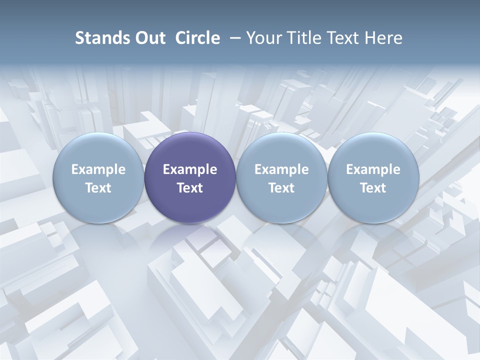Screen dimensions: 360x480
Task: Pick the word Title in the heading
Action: click(x=302, y=38)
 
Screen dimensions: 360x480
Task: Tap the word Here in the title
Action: click(x=383, y=38)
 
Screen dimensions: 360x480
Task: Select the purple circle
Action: click(x=190, y=150)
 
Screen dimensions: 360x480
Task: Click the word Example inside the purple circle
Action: click(x=190, y=169)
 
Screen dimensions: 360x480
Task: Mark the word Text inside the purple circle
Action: click(x=190, y=188)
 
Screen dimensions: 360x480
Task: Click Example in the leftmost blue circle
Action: click(x=98, y=169)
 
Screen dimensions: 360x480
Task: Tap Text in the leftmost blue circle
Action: click(x=98, y=188)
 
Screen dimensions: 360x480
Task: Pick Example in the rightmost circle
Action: click(x=373, y=169)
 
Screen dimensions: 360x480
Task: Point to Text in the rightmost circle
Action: click(x=373, y=188)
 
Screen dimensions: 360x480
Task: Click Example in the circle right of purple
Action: click(x=281, y=169)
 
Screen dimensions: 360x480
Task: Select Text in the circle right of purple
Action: click(x=281, y=188)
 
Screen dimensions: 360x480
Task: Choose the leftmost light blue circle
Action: click(x=98, y=150)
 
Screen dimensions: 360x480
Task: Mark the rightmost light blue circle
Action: click(x=373, y=150)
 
